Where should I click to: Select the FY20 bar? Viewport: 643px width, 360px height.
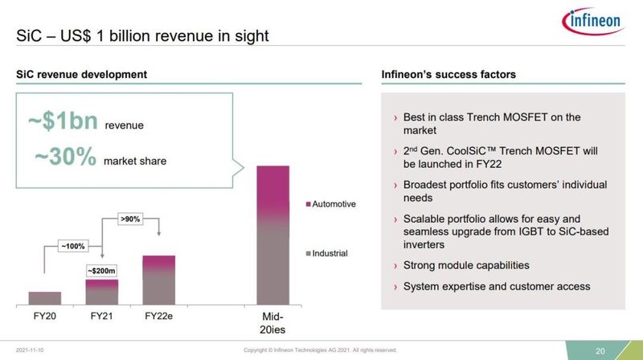44,298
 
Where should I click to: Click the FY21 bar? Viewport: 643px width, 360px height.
101,292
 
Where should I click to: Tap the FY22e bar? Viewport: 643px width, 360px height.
158,280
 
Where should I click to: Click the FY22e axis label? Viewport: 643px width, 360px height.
158,317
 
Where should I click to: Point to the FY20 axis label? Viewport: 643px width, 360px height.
44,317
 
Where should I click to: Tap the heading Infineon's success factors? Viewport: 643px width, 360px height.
448,75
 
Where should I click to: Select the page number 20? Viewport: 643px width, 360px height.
600,350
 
